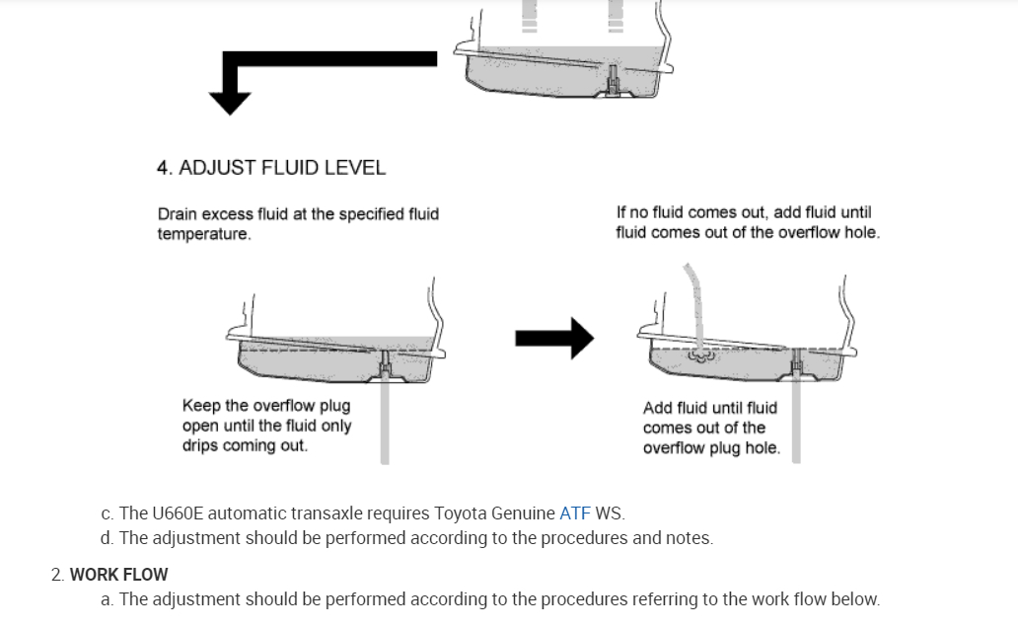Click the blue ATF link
574,513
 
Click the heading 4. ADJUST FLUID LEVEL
270,168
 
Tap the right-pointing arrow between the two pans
553,339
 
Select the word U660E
180,513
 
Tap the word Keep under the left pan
201,406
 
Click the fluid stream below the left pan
385,425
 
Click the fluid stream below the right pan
796,425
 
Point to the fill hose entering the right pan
693,296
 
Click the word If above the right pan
621,212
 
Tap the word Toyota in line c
461,513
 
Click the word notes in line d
689,538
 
